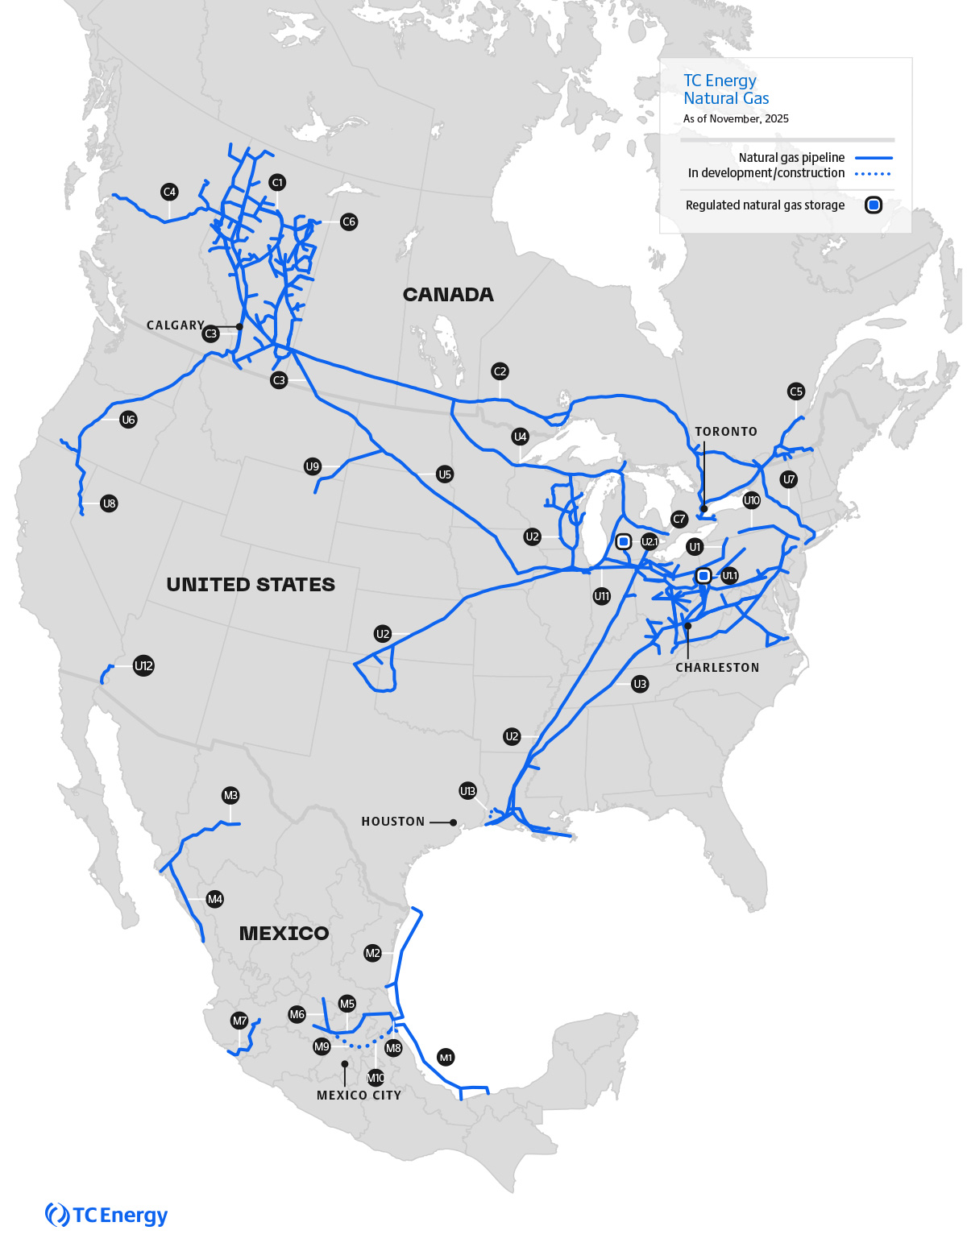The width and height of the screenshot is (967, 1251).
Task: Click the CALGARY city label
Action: [176, 325]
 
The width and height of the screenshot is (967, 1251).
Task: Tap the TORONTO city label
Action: [726, 432]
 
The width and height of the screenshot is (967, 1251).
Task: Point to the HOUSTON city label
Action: [393, 822]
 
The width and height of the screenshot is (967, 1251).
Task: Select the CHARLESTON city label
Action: [717, 668]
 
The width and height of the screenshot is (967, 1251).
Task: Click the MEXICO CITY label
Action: [359, 1096]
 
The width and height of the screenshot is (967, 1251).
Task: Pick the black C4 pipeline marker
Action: [169, 192]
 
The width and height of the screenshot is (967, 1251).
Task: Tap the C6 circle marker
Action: [349, 222]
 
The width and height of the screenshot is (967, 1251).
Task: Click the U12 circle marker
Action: [143, 666]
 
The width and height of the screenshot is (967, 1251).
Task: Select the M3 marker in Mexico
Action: [230, 796]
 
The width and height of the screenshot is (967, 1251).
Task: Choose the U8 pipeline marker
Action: [110, 503]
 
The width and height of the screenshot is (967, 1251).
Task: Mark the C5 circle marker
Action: [796, 391]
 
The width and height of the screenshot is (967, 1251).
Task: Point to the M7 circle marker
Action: [240, 1021]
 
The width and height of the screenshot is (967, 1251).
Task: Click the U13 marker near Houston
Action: [467, 791]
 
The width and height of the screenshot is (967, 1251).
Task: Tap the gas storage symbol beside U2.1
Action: [623, 542]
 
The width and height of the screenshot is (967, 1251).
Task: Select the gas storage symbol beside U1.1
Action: [703, 576]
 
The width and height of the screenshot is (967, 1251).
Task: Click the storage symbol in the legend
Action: [874, 205]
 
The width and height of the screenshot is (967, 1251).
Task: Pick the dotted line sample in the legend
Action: [873, 173]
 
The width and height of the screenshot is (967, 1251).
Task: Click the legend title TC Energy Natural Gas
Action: [726, 89]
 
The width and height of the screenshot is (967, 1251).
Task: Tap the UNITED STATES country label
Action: [251, 585]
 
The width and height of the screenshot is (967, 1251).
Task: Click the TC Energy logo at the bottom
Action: [106, 1215]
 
